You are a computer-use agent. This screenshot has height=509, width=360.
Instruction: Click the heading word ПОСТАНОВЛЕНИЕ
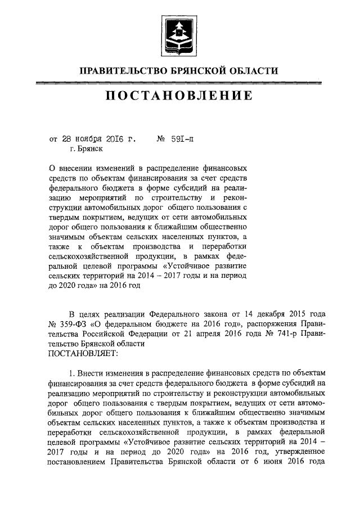tap(179, 97)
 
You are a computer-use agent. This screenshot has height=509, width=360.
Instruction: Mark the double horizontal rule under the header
tap(179, 83)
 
